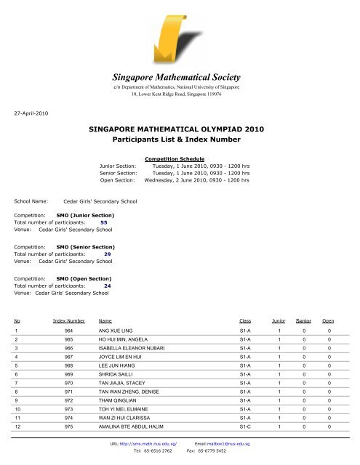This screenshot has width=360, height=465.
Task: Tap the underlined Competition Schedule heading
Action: [175, 158]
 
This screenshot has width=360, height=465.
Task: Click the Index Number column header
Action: [68, 320]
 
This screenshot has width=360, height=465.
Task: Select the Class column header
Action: [246, 320]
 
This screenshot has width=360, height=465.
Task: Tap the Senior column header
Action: [303, 320]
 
